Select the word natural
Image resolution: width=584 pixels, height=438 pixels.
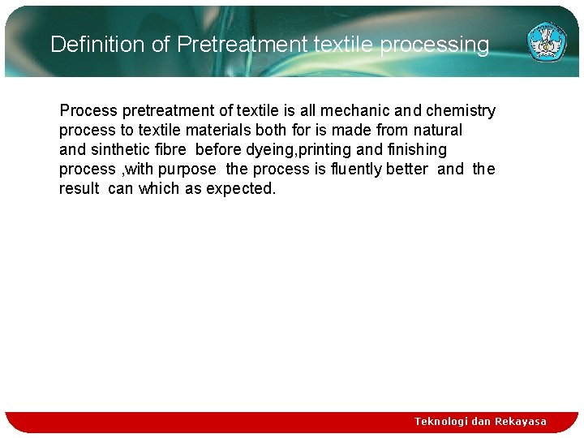point(437,130)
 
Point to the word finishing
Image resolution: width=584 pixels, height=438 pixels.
point(417,149)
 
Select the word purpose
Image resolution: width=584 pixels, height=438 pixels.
point(187,169)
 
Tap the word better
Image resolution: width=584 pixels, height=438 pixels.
point(407,169)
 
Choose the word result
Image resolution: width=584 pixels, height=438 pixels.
point(79,188)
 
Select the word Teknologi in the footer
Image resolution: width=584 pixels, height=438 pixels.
point(440,422)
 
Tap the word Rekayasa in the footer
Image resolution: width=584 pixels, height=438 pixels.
point(521,422)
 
